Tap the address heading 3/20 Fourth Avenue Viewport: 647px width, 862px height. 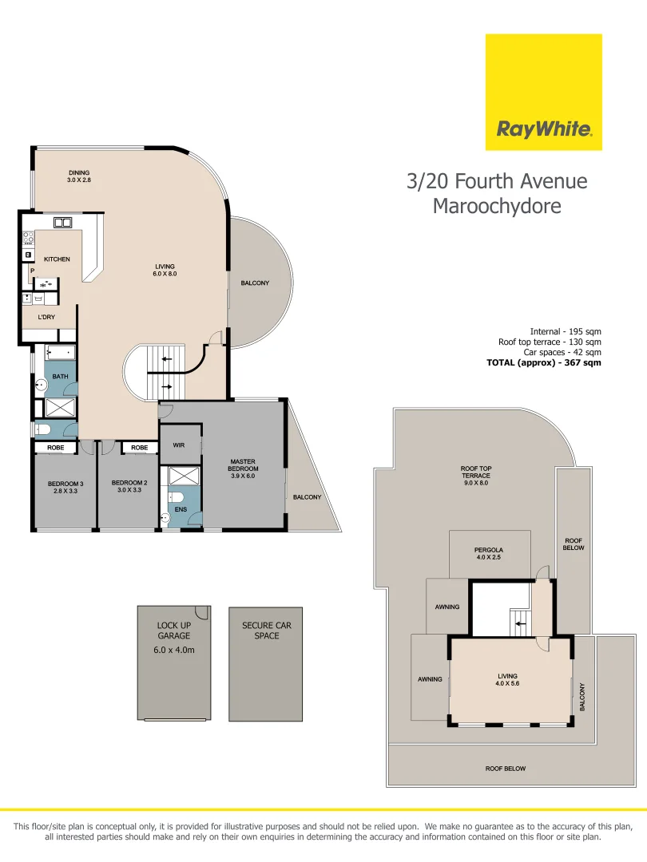click(496, 181)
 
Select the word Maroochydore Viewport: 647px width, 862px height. click(496, 206)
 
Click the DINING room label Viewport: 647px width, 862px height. click(78, 176)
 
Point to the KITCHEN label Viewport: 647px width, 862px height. click(57, 259)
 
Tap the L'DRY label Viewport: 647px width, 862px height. click(46, 316)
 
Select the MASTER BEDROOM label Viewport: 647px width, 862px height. click(242, 469)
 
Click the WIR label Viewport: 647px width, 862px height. click(179, 445)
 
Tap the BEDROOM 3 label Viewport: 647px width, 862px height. click(65, 487)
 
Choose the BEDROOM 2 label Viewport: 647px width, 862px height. click(129, 487)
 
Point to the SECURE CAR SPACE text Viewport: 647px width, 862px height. click(266, 631)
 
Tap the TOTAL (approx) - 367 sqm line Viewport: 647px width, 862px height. click(543, 362)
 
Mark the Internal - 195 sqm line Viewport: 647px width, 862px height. click(565, 331)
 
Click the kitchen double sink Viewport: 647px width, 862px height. click(63, 222)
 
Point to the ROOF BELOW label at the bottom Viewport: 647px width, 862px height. click(505, 769)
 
